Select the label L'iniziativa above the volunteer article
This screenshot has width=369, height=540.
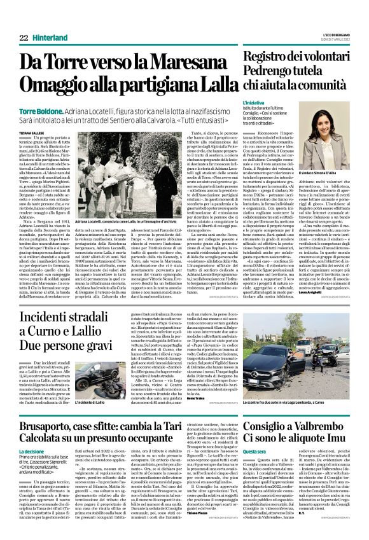click(x=255, y=102)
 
